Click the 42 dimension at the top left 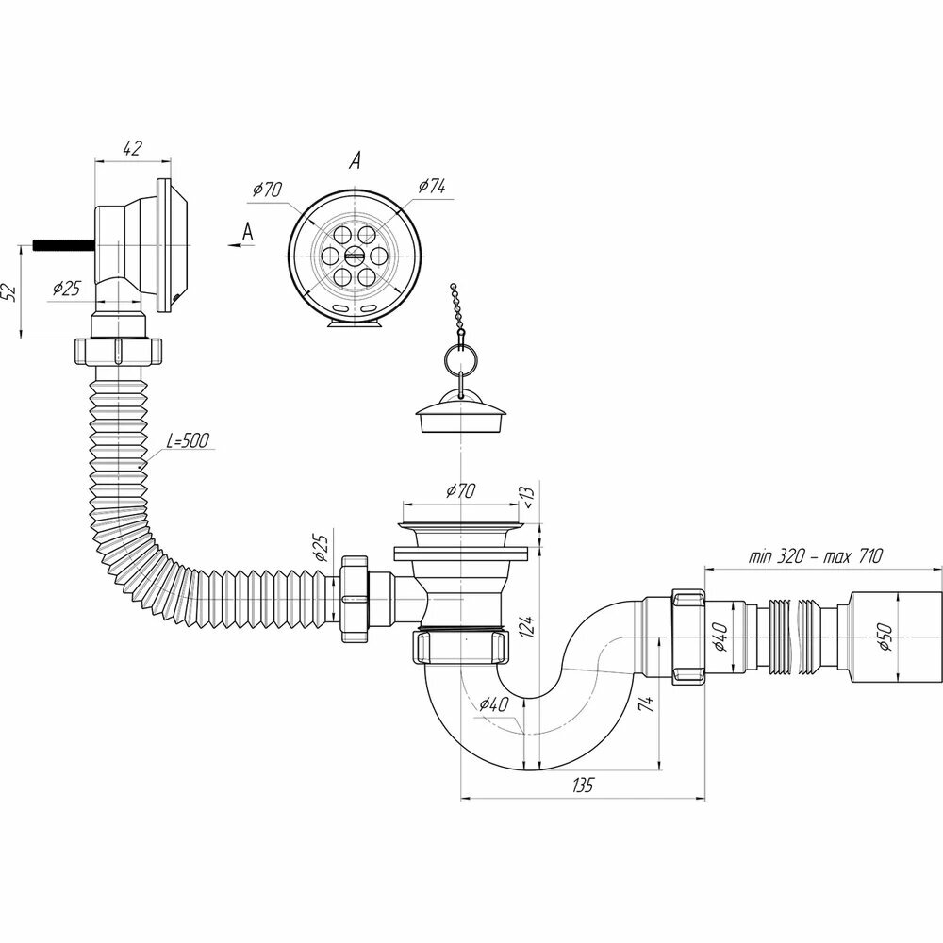click(132, 148)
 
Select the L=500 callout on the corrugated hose click(188, 440)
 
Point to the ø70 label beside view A click(267, 190)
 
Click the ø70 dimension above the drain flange click(460, 491)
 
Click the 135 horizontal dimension click(583, 785)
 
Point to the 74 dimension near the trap click(646, 704)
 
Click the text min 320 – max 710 click(815, 556)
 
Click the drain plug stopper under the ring click(461, 411)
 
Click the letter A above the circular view click(356, 159)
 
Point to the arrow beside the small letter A click(235, 245)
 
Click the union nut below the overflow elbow click(119, 352)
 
